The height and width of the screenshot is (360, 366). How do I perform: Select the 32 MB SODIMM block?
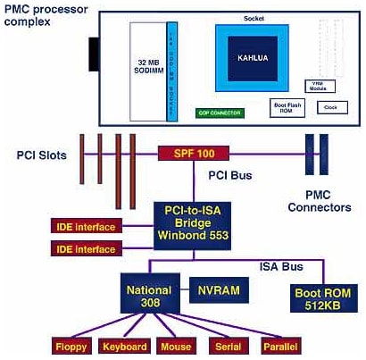(147, 67)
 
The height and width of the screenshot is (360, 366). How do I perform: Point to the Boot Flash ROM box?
(285, 106)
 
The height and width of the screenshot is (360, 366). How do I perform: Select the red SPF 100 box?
(194, 153)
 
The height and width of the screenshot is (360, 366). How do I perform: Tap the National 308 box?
(150, 295)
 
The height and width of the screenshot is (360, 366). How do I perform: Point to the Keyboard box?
(123, 345)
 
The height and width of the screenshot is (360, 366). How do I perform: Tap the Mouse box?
(176, 345)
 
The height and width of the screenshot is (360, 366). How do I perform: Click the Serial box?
(227, 345)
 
